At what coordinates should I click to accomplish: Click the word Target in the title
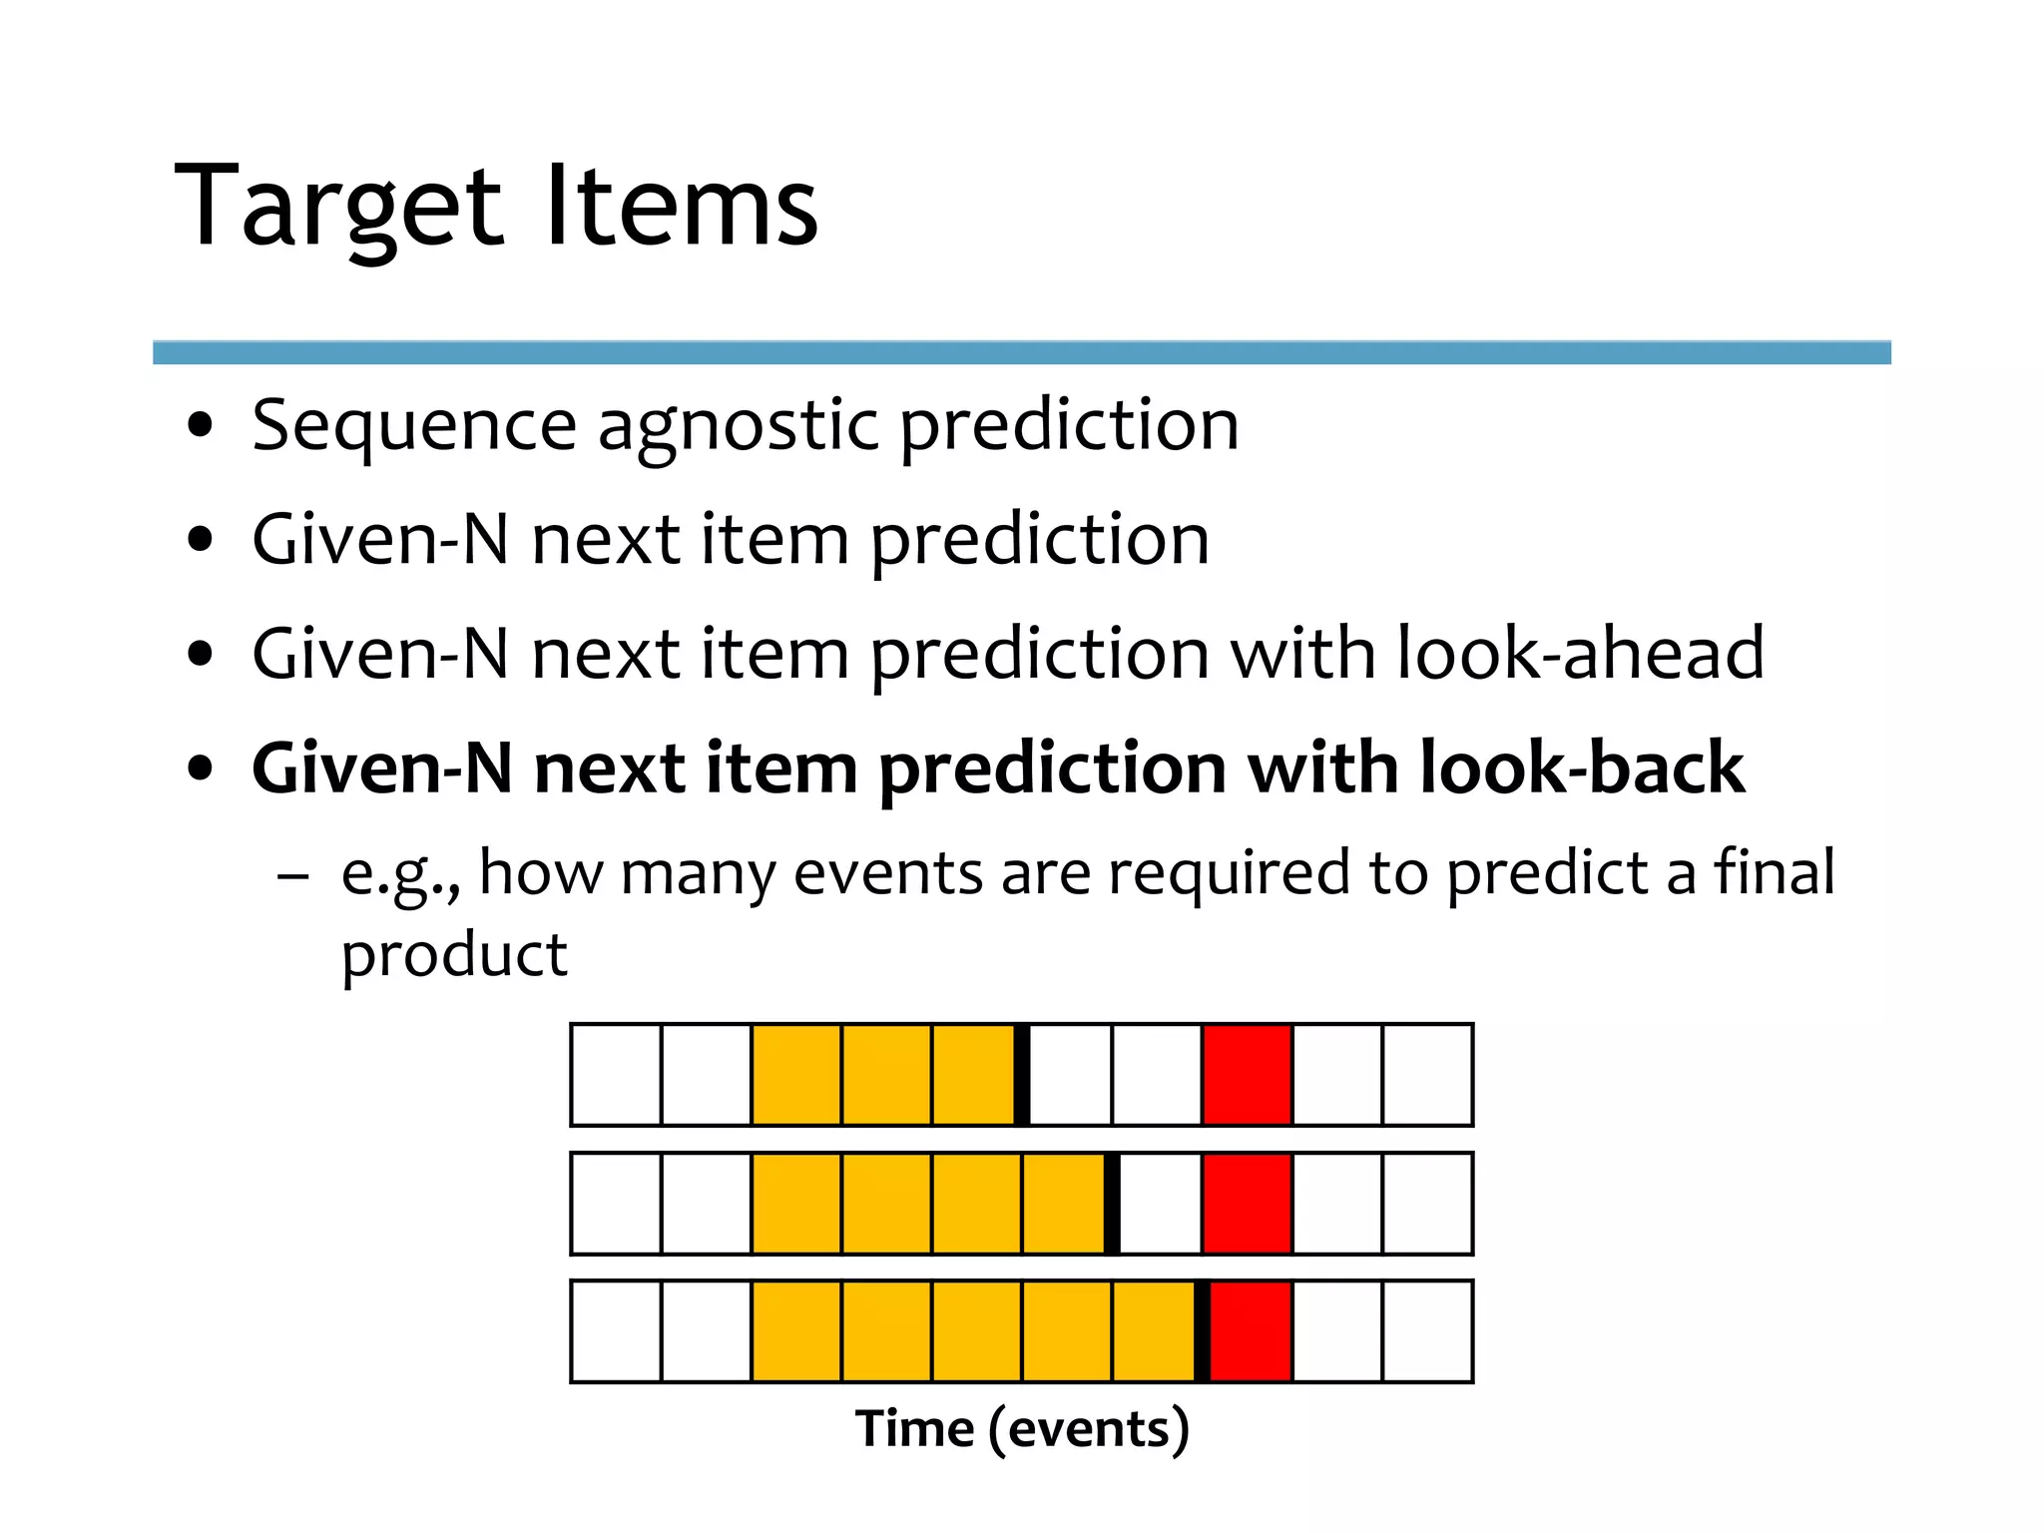click(337, 208)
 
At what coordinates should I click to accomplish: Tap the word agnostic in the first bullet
click(738, 427)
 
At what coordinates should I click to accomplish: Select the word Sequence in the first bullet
click(414, 427)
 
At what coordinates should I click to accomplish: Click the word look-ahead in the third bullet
click(1580, 654)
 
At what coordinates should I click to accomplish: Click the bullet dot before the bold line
click(201, 769)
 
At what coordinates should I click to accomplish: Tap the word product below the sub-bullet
click(454, 955)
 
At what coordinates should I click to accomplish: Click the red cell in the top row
click(1248, 1075)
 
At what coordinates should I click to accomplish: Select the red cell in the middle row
click(1248, 1204)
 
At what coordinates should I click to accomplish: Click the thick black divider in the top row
click(1022, 1075)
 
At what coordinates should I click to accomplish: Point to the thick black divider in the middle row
click(1112, 1204)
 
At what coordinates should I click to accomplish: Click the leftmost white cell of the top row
click(617, 1075)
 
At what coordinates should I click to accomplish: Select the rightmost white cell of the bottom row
click(1427, 1331)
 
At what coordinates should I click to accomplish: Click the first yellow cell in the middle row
click(796, 1204)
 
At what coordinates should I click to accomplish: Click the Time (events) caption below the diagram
click(1022, 1428)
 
